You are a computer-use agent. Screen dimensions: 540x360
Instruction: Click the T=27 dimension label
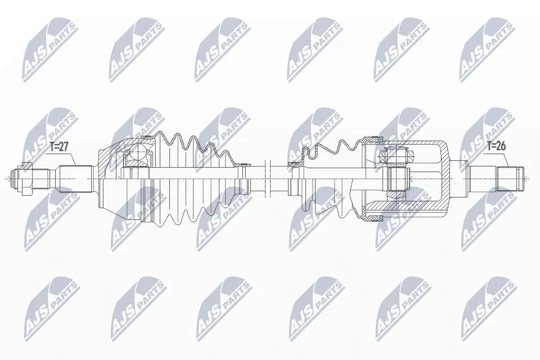59,147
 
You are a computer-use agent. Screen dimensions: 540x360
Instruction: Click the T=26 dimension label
496,146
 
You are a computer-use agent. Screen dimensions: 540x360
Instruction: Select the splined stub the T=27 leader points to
75,179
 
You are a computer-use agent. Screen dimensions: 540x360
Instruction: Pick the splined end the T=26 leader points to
510,179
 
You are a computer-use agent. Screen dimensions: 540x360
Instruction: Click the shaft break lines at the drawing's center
267,179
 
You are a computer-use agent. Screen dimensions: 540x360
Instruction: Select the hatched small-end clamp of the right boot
294,164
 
